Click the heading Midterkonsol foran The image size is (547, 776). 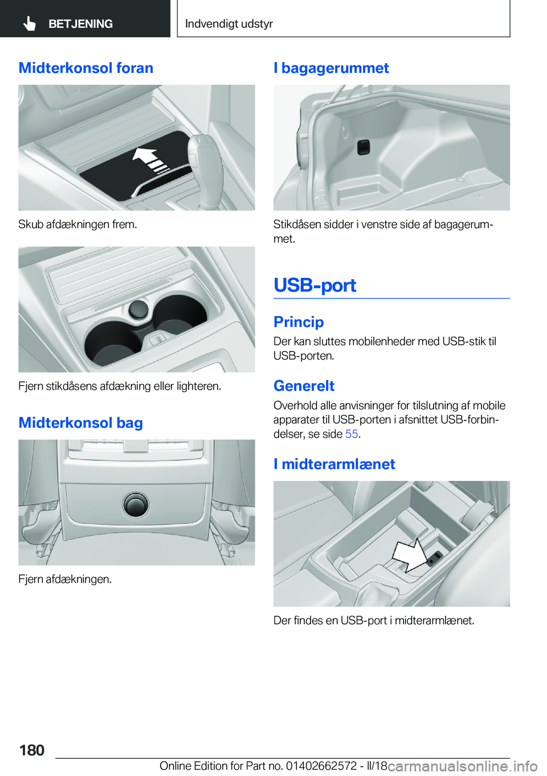86,68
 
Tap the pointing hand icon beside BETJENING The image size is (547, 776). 30,24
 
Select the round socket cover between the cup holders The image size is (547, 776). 138,309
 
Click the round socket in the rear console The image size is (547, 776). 136,504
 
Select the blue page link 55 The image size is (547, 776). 352,434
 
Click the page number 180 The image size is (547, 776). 32,750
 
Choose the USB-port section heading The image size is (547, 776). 315,285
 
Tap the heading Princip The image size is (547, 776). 299,322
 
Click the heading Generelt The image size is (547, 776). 304,386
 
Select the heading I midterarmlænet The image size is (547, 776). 334,464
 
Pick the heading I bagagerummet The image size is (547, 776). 331,68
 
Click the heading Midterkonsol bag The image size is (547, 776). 80,423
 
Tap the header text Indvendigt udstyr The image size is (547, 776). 229,24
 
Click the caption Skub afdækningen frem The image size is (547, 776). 77,224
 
